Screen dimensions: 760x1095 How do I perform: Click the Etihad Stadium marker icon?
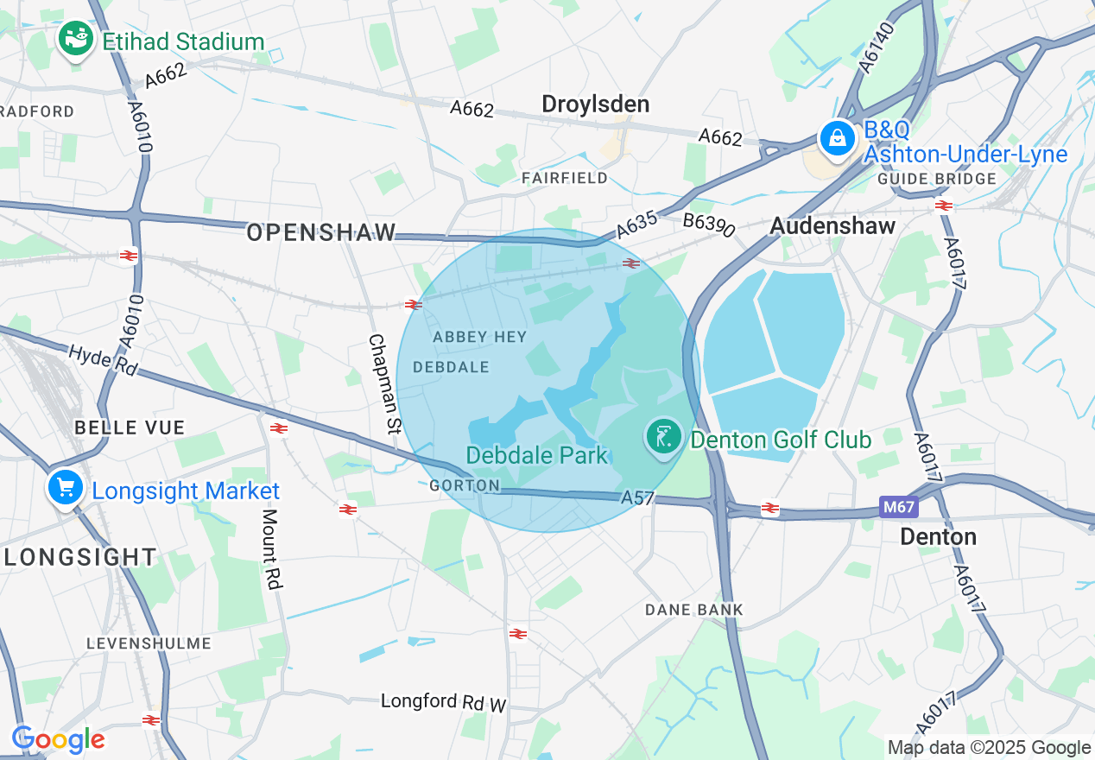pyautogui.click(x=76, y=39)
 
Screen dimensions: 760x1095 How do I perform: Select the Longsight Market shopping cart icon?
pyautogui.click(x=65, y=488)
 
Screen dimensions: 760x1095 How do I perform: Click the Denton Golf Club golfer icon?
pyautogui.click(x=662, y=438)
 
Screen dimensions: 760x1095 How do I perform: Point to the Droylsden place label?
pyautogui.click(x=595, y=104)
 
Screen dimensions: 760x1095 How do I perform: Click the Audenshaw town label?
pyautogui.click(x=832, y=225)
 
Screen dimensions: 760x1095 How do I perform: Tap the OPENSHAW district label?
pyautogui.click(x=321, y=232)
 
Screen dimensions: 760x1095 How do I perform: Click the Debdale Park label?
pyautogui.click(x=537, y=455)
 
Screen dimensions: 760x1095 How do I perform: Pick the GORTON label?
pyautogui.click(x=465, y=485)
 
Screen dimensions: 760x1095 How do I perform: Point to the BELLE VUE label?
pyautogui.click(x=130, y=427)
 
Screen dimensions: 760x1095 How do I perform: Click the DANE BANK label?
pyautogui.click(x=694, y=610)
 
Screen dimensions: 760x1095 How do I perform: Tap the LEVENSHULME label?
pyautogui.click(x=149, y=643)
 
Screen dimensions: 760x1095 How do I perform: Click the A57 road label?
pyautogui.click(x=637, y=498)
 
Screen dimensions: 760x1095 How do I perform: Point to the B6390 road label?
pyautogui.click(x=708, y=225)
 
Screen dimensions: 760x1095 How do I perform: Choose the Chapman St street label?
pyautogui.click(x=385, y=383)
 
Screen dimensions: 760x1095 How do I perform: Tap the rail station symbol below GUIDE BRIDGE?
pyautogui.click(x=943, y=206)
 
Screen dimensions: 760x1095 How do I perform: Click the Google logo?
pyautogui.click(x=58, y=739)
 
